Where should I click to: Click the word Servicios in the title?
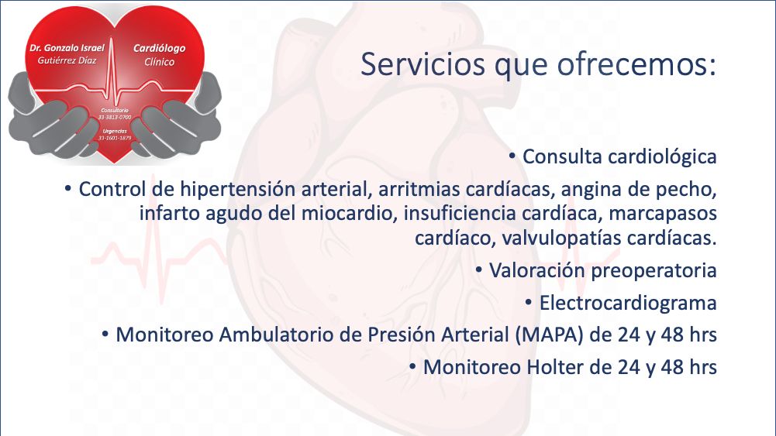click(422, 64)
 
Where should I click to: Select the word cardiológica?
click(662, 157)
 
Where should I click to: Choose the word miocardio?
click(347, 214)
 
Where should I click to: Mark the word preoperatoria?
click(654, 271)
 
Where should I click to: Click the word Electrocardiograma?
click(628, 304)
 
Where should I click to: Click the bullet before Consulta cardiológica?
click(512, 156)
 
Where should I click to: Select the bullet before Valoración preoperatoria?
click(479, 270)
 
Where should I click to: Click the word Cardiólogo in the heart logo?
click(160, 49)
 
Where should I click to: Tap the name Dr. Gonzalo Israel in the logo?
click(67, 48)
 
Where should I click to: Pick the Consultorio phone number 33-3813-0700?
click(115, 117)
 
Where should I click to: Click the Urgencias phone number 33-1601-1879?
click(115, 138)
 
